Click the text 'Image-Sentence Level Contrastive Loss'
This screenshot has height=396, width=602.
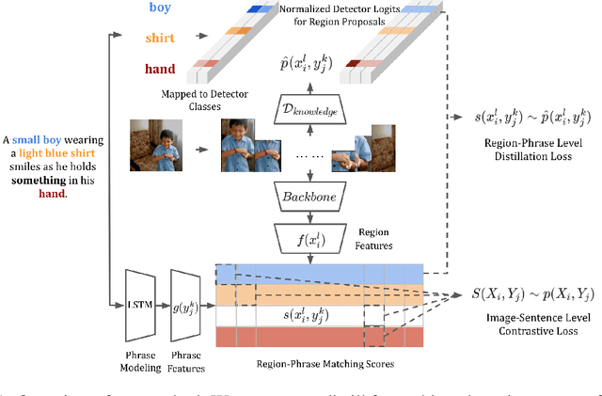click(x=531, y=325)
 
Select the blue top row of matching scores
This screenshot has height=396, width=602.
click(x=320, y=273)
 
